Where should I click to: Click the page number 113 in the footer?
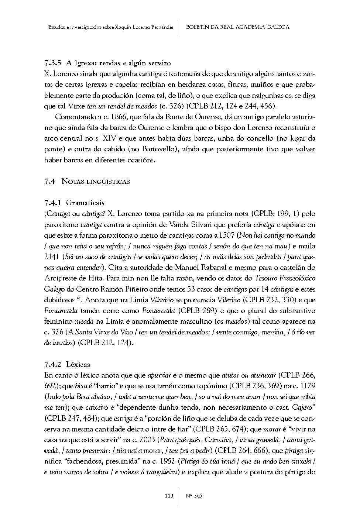click(x=169, y=496)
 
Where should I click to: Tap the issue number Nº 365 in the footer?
click(x=193, y=496)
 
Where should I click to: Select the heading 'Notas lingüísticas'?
click(x=96, y=181)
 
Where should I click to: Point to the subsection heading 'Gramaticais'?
click(x=85, y=203)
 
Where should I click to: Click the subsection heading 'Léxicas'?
click(x=78, y=365)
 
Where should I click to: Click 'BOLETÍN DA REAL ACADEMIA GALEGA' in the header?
click(x=238, y=27)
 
